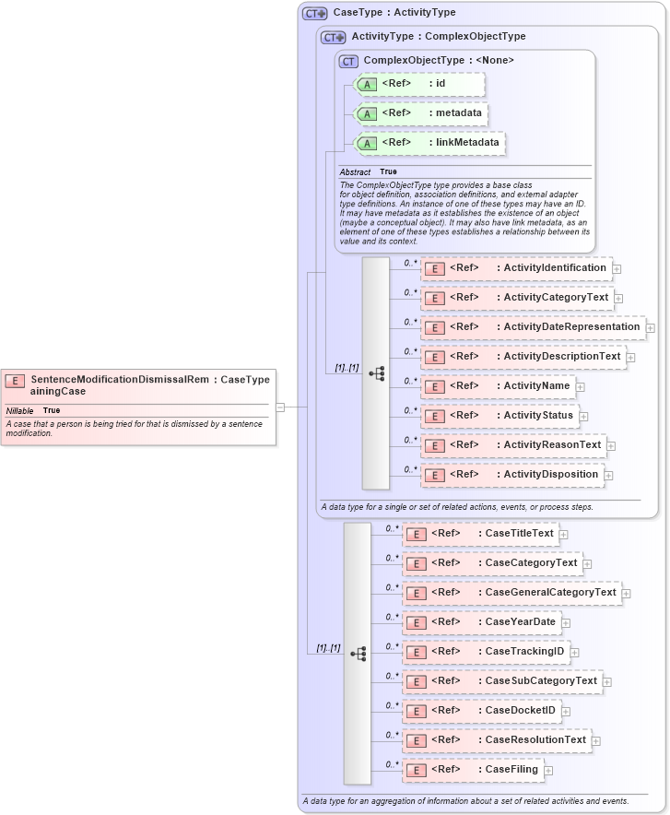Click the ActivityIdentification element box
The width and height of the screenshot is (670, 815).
(x=516, y=268)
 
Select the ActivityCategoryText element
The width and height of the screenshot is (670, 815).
(x=516, y=298)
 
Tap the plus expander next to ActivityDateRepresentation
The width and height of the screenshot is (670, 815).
(x=650, y=327)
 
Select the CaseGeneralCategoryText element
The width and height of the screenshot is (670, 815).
(x=511, y=593)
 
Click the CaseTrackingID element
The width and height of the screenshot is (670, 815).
(x=485, y=652)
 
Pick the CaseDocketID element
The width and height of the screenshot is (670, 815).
(x=481, y=711)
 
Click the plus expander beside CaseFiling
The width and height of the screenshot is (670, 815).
(x=548, y=770)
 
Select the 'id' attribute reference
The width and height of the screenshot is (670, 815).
(x=419, y=84)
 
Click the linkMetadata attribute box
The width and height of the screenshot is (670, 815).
(x=429, y=143)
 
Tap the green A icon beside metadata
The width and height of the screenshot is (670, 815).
(x=367, y=114)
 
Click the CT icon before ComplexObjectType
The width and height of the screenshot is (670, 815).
(x=348, y=61)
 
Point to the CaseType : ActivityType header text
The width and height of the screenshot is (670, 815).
(x=394, y=13)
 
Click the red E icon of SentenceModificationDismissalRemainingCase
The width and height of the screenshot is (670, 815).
(x=15, y=380)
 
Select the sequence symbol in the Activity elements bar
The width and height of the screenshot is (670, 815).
(x=376, y=373)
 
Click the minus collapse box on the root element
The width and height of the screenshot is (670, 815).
(x=280, y=407)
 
